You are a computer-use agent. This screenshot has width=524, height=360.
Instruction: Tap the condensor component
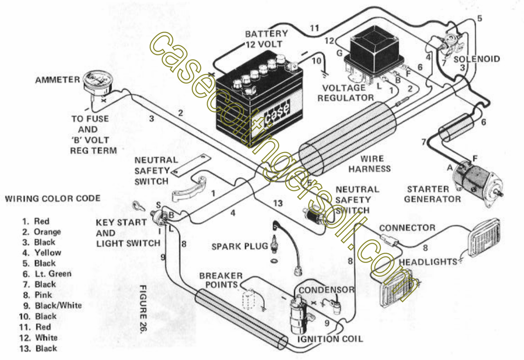point(337,305)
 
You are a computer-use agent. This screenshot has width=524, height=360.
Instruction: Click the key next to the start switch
point(139,206)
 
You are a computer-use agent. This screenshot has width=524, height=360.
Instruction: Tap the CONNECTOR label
point(407,228)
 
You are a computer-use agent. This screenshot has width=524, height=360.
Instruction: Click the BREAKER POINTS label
point(221,280)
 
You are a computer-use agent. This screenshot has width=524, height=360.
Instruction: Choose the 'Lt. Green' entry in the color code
point(52,274)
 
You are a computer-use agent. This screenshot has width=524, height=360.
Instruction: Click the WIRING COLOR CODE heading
point(52,199)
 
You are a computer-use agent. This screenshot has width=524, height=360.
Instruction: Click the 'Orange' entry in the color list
point(47,232)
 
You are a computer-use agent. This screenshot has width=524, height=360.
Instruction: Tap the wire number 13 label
point(278,203)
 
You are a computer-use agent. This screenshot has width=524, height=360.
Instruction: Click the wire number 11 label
point(314,28)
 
